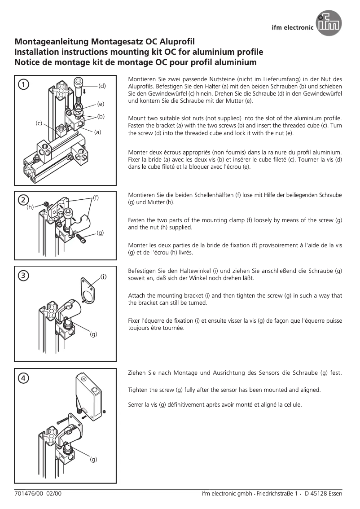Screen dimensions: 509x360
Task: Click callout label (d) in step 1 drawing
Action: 102,85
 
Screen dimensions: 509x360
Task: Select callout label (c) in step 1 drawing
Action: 39,123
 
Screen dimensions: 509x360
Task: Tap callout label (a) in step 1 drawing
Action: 97,132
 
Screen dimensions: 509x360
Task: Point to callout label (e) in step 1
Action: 101,104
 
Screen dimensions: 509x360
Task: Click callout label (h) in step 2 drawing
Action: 30,207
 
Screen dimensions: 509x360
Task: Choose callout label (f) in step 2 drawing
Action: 96,197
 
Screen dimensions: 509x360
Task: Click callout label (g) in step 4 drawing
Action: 93,459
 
